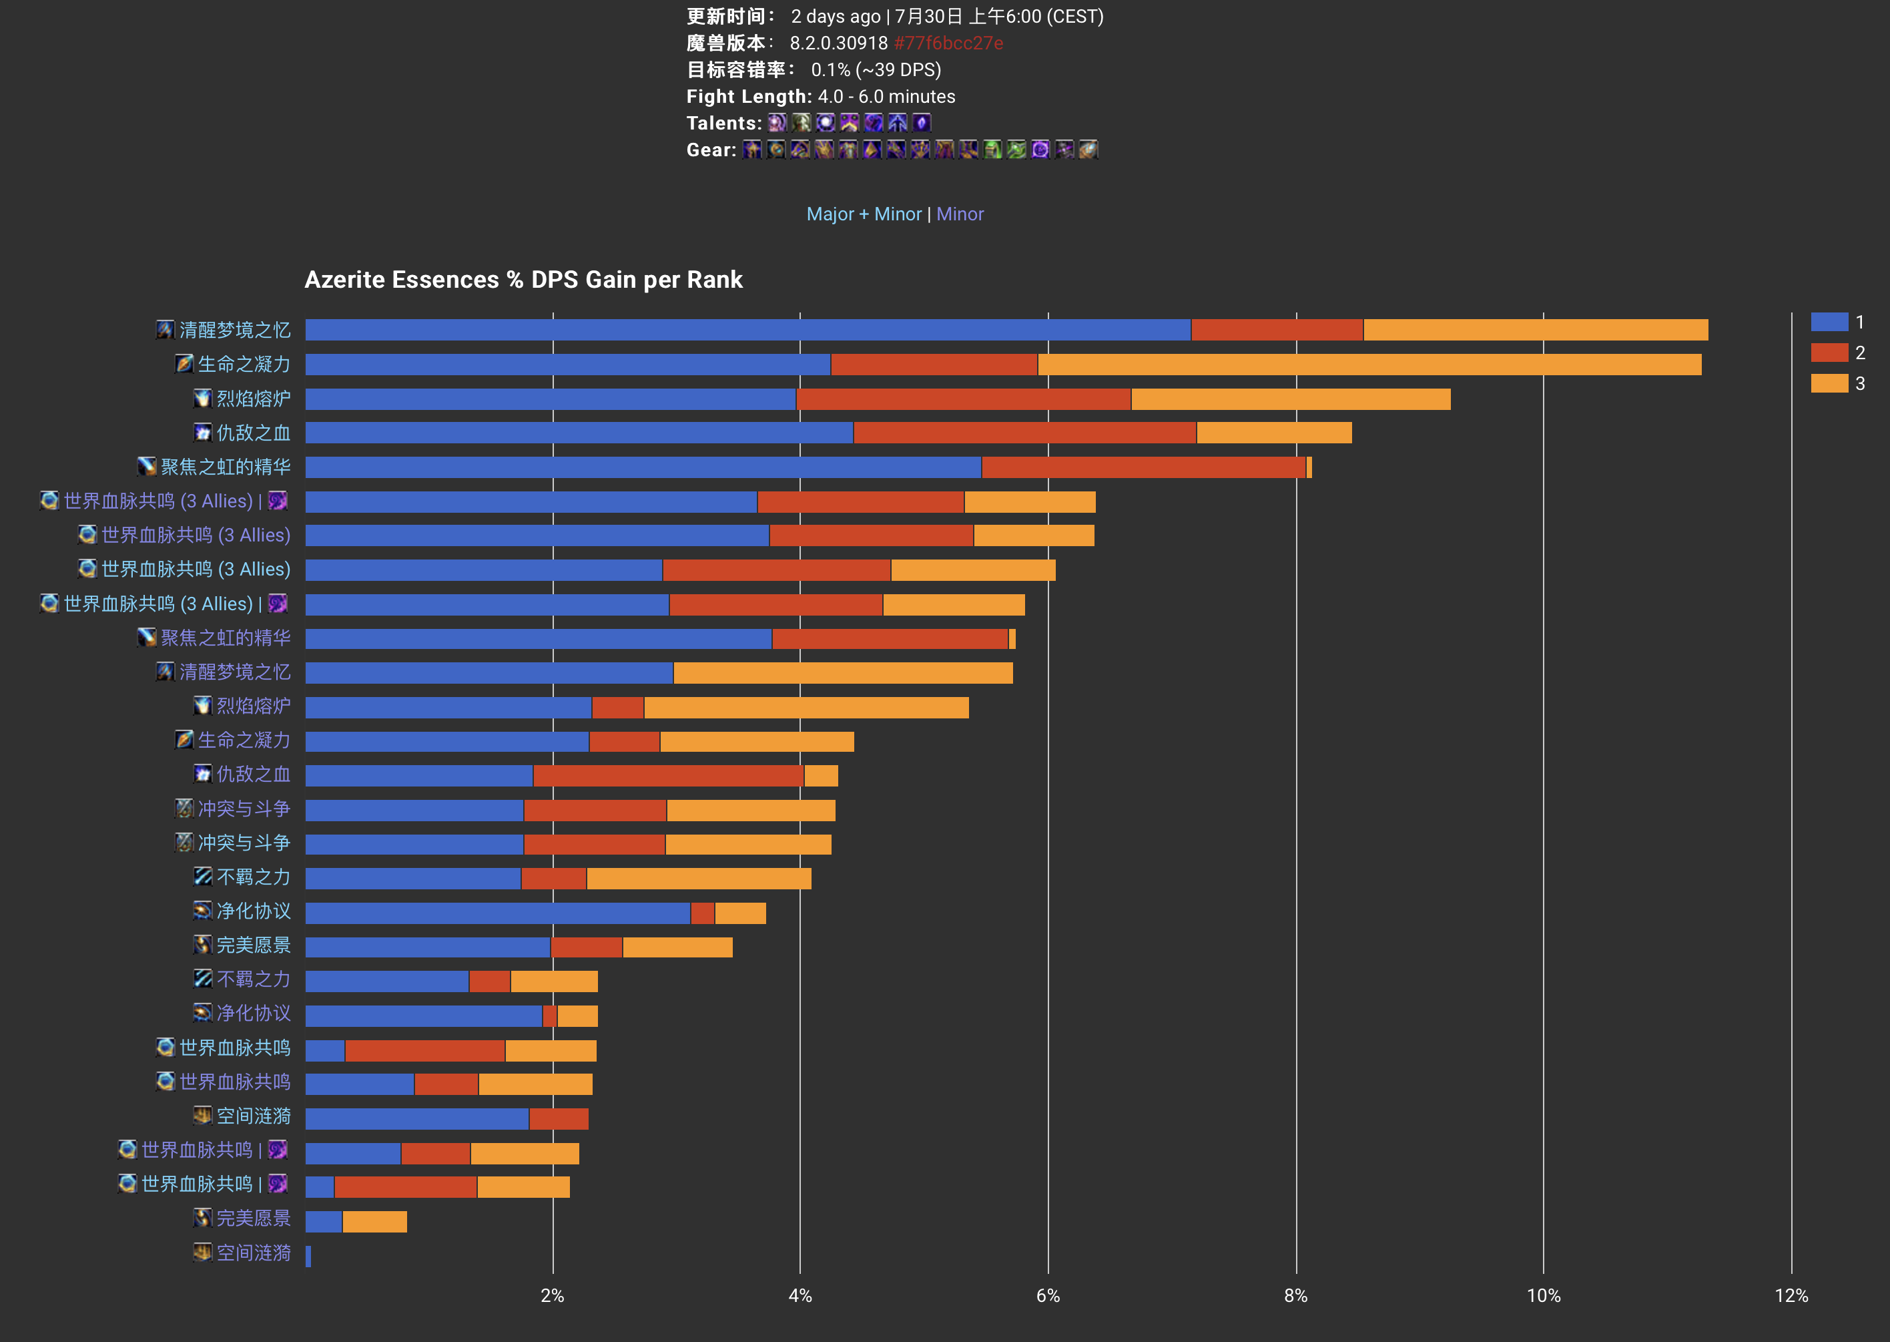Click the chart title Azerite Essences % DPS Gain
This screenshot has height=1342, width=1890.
[523, 280]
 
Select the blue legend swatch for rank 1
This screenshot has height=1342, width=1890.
[1829, 321]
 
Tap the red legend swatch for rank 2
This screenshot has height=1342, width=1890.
[1829, 352]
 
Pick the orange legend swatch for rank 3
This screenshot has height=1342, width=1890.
[1829, 383]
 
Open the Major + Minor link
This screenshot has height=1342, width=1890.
[863, 214]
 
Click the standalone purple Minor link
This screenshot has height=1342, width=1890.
[960, 214]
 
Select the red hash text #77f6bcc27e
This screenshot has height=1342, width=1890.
[948, 43]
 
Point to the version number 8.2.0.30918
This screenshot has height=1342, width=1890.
[838, 43]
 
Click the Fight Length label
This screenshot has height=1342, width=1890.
[748, 97]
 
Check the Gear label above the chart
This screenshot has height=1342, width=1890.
[710, 150]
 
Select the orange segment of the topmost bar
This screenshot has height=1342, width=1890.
[1535, 330]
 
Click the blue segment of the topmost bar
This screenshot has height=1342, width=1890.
[747, 330]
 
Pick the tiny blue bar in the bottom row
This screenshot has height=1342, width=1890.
[308, 1256]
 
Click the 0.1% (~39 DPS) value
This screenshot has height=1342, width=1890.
[876, 70]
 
